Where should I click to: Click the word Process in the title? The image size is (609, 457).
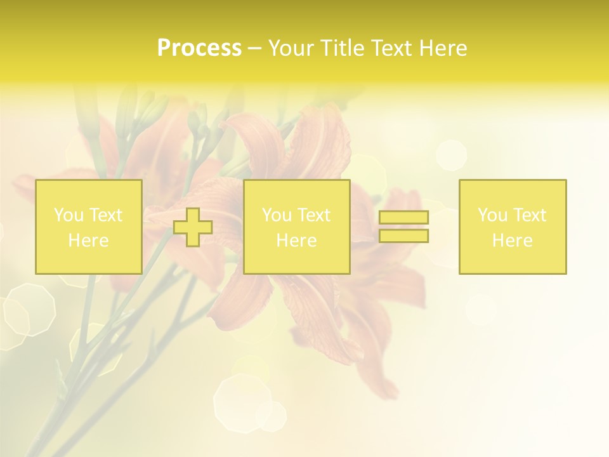click(199, 48)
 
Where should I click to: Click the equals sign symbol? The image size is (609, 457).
click(403, 227)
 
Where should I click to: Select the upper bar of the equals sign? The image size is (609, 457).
click(403, 218)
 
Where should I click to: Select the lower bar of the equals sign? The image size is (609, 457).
click(403, 236)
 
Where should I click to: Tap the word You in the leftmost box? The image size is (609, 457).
click(69, 215)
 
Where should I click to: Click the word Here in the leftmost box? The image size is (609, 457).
click(89, 241)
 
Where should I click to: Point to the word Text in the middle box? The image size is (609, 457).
click(315, 215)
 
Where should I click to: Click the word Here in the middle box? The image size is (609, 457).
click(297, 241)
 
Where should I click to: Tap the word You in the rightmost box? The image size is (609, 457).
click(492, 215)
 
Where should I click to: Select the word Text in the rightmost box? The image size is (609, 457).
click(530, 215)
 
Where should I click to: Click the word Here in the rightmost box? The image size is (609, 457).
click(513, 241)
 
